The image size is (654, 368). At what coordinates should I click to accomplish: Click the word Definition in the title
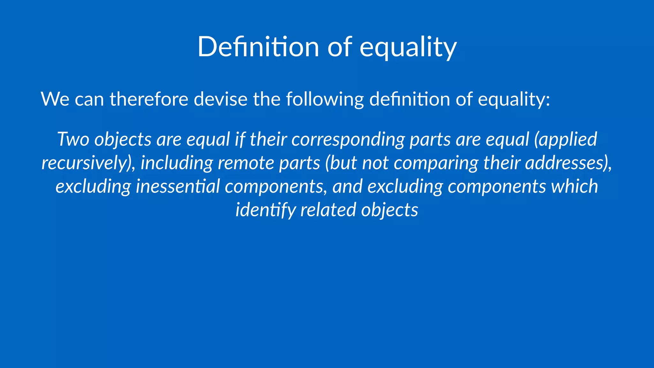tap(258, 47)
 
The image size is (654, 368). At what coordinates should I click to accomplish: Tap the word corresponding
tap(348, 139)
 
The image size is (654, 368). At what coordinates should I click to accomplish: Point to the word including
tap(177, 163)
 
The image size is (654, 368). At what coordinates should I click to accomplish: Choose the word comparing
tap(436, 163)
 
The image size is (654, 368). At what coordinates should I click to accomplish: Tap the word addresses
tap(565, 163)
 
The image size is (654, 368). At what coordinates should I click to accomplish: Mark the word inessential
tap(178, 186)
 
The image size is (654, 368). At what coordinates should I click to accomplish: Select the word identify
tap(265, 210)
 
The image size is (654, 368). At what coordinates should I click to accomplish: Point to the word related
tap(328, 210)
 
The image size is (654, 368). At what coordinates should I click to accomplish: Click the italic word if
tap(240, 139)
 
